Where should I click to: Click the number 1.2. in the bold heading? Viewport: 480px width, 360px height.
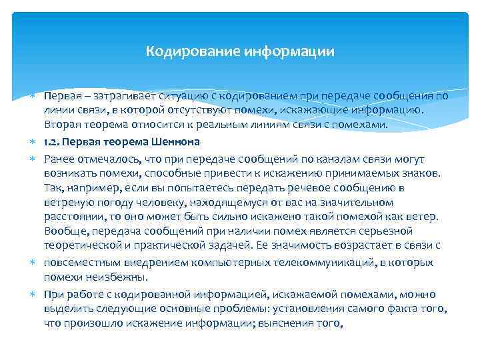(x=53, y=141)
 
